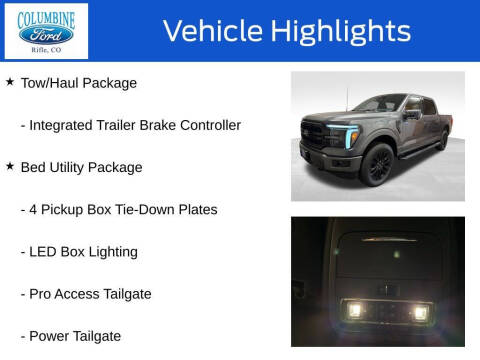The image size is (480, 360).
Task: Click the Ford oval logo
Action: [x=46, y=34]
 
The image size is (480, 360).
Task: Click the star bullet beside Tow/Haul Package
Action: [x=10, y=82]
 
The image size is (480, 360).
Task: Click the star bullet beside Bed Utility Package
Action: [x=10, y=167]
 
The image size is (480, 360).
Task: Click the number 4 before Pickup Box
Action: [x=35, y=209]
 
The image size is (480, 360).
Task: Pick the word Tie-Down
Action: [x=150, y=209]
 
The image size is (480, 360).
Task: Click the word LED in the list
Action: [x=45, y=251]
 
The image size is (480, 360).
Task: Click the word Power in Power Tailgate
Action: [x=51, y=335]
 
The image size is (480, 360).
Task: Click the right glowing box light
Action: [x=420, y=312]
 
